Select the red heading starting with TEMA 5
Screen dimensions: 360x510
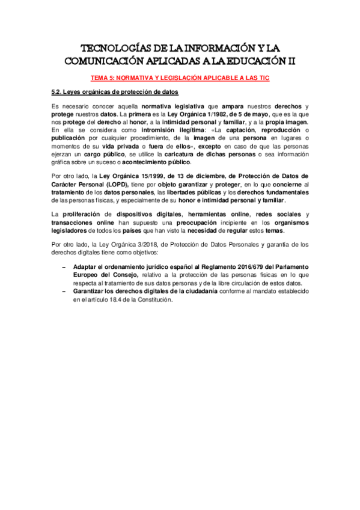pos(180,78)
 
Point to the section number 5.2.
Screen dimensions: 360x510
pos(58,91)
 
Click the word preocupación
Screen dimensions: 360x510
pos(194,223)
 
